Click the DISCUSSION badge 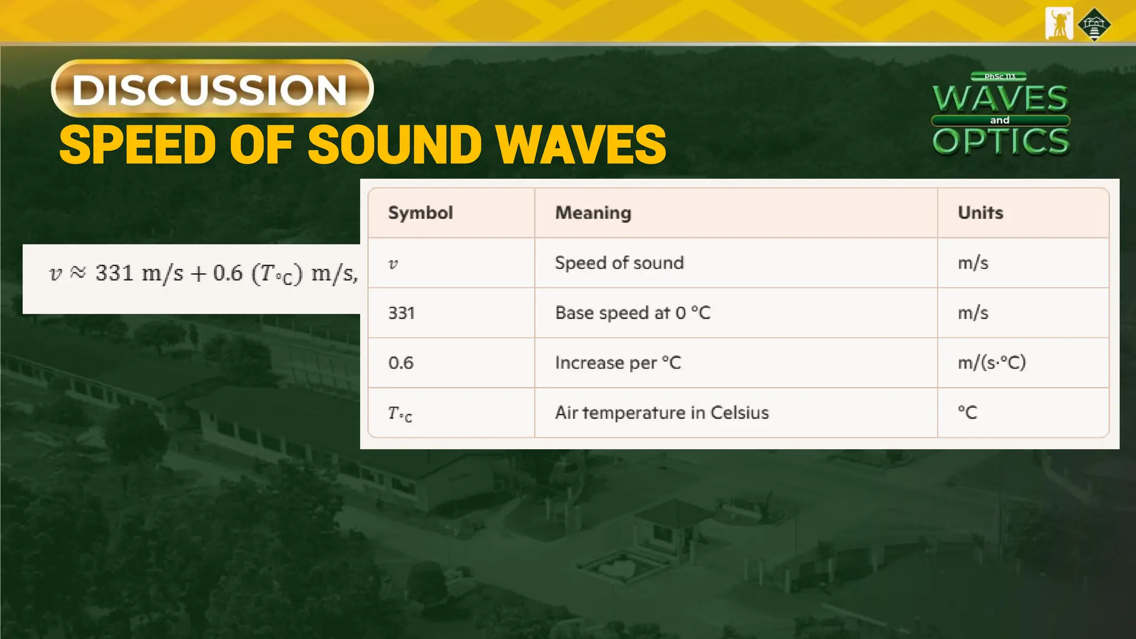click(x=212, y=89)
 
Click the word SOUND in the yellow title click(x=394, y=145)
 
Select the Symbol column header click(x=420, y=213)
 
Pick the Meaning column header click(x=593, y=213)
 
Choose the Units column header click(x=980, y=213)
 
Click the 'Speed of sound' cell click(x=619, y=263)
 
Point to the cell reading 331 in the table click(x=402, y=313)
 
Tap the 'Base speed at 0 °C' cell click(x=632, y=313)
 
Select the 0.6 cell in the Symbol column click(x=401, y=363)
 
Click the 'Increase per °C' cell click(x=618, y=363)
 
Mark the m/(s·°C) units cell click(x=992, y=363)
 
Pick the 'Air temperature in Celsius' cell click(x=662, y=413)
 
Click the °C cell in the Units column click(x=967, y=413)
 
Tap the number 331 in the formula click(x=115, y=273)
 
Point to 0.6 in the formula click(x=228, y=273)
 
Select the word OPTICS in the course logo click(x=1001, y=141)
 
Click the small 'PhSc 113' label click(x=1000, y=77)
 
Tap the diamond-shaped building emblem click(x=1094, y=24)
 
